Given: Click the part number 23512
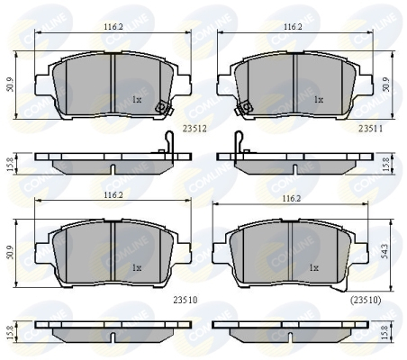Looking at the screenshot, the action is [194, 129].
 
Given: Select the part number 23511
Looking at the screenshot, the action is [371, 129].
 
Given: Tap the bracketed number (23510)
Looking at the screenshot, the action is [366, 300].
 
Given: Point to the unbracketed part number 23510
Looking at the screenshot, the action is [185, 300].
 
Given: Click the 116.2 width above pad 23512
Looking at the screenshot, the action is [113, 27].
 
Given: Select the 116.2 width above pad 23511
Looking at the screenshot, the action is [293, 27].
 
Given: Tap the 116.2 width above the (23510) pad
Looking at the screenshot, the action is [291, 198].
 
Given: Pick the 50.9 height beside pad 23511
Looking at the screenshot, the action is [386, 85].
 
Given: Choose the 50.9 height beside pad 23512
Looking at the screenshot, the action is [10, 85].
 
